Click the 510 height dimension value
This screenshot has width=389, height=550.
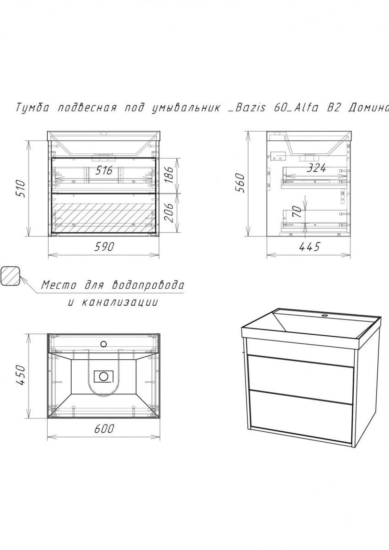[x=20, y=188]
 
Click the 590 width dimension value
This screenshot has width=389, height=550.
[x=104, y=247]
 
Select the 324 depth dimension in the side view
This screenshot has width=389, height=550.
[x=316, y=168]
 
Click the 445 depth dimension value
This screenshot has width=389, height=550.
[x=309, y=247]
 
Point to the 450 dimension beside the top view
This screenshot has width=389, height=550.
[x=20, y=375]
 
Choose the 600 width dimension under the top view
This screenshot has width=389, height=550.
[x=104, y=429]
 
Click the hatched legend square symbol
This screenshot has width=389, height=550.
[x=11, y=276]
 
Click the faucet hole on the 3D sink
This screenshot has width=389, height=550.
[x=324, y=315]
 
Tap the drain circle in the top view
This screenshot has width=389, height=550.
[x=104, y=376]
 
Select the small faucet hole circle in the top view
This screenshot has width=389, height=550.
[x=104, y=343]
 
